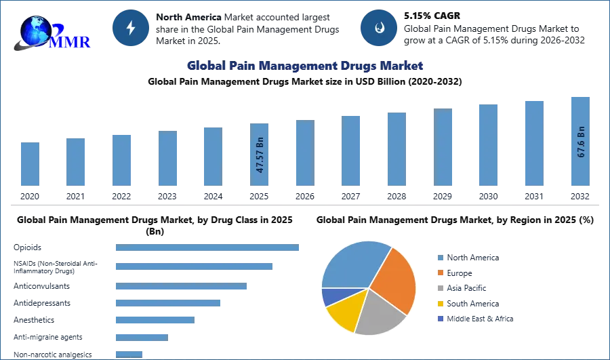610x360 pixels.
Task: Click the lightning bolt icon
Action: coord(131,28)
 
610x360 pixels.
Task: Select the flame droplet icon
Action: coord(379,28)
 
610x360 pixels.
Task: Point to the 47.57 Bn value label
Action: coord(260,155)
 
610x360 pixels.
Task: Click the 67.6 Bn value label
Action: coord(581,142)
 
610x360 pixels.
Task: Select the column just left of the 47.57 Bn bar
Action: coord(211,157)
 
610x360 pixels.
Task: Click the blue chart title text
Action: coord(305,66)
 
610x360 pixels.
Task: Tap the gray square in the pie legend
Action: coord(441,288)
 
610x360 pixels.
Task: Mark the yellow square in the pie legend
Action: coord(441,304)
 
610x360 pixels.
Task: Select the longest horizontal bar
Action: coord(208,249)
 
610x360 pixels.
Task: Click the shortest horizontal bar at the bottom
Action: coord(129,353)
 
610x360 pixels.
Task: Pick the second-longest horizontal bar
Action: coord(195,266)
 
